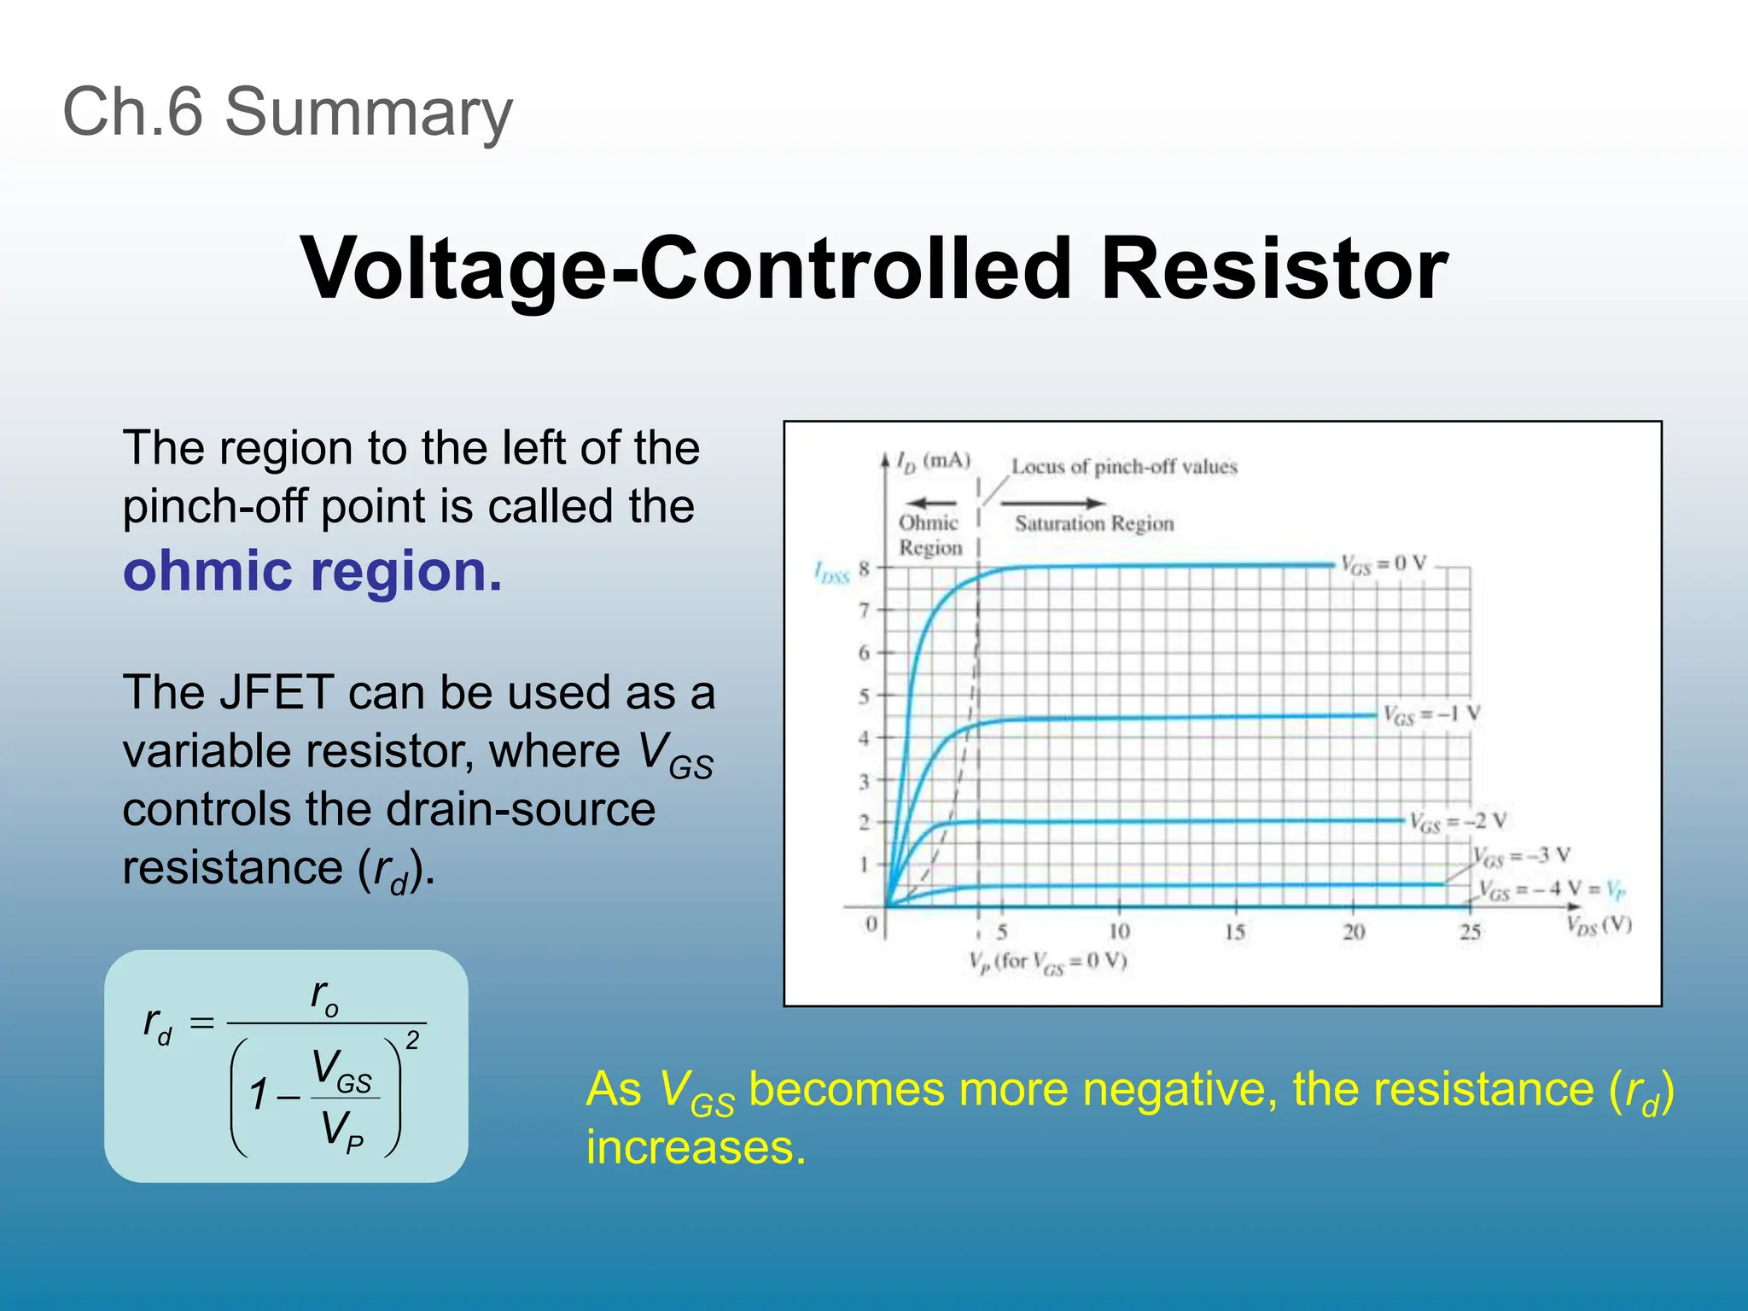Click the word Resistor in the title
pos(1273,268)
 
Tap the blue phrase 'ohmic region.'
pos(312,571)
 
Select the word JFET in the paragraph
pos(276,691)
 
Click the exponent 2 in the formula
pos(412,1040)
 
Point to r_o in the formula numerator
pos(324,996)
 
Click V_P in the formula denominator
pos(341,1131)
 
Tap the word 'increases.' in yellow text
pos(696,1146)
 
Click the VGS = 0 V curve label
pos(1383,564)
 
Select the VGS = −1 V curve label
pos(1431,715)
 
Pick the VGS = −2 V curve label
pos(1457,822)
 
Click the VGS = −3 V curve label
pos(1522,856)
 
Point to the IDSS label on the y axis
pos(831,573)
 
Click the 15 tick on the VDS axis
pos(1234,932)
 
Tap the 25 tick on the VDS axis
pos(1469,932)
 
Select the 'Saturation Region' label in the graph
pos(1094,523)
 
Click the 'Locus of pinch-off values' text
pos(1123,467)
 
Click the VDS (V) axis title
pos(1599,925)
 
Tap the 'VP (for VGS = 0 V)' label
pos(1047,962)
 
